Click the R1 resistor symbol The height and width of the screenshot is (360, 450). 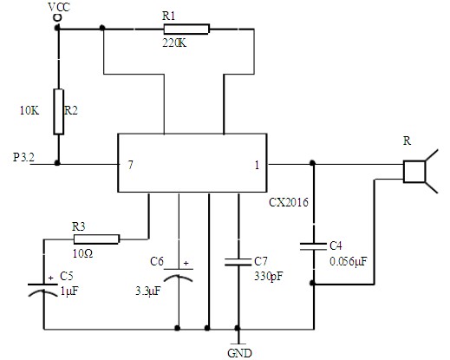coord(186,29)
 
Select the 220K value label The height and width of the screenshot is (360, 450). coord(174,43)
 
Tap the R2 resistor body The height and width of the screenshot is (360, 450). coord(59,112)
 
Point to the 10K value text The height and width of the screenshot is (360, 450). coord(29,110)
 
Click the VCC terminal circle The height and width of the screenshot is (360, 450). coord(57,17)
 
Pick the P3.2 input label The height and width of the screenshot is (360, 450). coord(23,157)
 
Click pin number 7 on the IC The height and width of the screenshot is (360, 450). coord(131,165)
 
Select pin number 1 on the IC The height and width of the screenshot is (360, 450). coord(257,165)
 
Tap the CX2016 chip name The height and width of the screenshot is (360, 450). coord(289,202)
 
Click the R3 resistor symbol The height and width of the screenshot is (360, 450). coord(96,239)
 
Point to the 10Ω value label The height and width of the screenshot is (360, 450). coord(82,254)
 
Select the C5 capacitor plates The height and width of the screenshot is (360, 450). coord(42,290)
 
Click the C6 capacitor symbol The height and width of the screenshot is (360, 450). coord(179,275)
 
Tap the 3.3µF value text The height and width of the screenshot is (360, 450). coord(147,291)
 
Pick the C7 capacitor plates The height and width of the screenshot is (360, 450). coord(238,262)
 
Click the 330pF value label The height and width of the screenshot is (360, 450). coord(269,277)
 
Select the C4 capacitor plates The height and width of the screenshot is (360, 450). coord(313,246)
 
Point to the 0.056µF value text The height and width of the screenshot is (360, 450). coord(349,261)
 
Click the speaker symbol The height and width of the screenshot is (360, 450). coord(421,171)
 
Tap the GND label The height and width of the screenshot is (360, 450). coord(239,353)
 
